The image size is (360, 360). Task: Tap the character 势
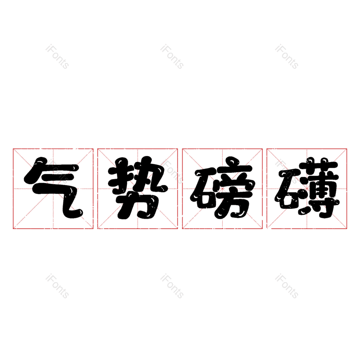(138, 188)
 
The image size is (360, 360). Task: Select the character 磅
(222, 188)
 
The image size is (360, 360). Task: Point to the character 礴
(307, 188)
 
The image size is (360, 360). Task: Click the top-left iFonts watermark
(57, 56)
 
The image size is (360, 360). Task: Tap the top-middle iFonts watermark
(172, 56)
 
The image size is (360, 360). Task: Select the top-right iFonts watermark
(287, 56)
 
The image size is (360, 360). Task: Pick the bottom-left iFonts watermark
(57, 286)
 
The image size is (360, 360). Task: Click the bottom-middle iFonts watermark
(172, 286)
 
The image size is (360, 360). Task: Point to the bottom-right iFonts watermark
(287, 286)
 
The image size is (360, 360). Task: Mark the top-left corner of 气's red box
(13, 148)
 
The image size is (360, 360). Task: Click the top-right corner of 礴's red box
(347, 148)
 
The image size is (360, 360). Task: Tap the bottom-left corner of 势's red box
(98, 229)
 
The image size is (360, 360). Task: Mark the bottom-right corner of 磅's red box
(262, 229)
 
